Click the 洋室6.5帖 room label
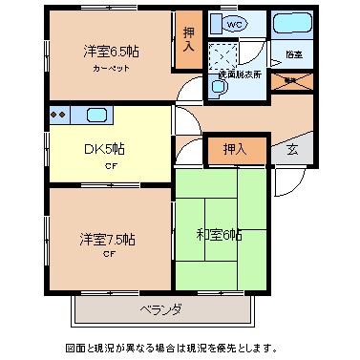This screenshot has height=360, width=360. (111, 51)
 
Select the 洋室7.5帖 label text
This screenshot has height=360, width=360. (108, 239)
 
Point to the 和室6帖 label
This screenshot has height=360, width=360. (220, 234)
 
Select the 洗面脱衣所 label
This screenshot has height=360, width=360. (241, 74)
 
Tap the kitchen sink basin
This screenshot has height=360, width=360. (96, 116)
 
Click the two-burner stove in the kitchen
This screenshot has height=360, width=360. (58, 116)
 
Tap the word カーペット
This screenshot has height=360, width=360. (112, 70)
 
